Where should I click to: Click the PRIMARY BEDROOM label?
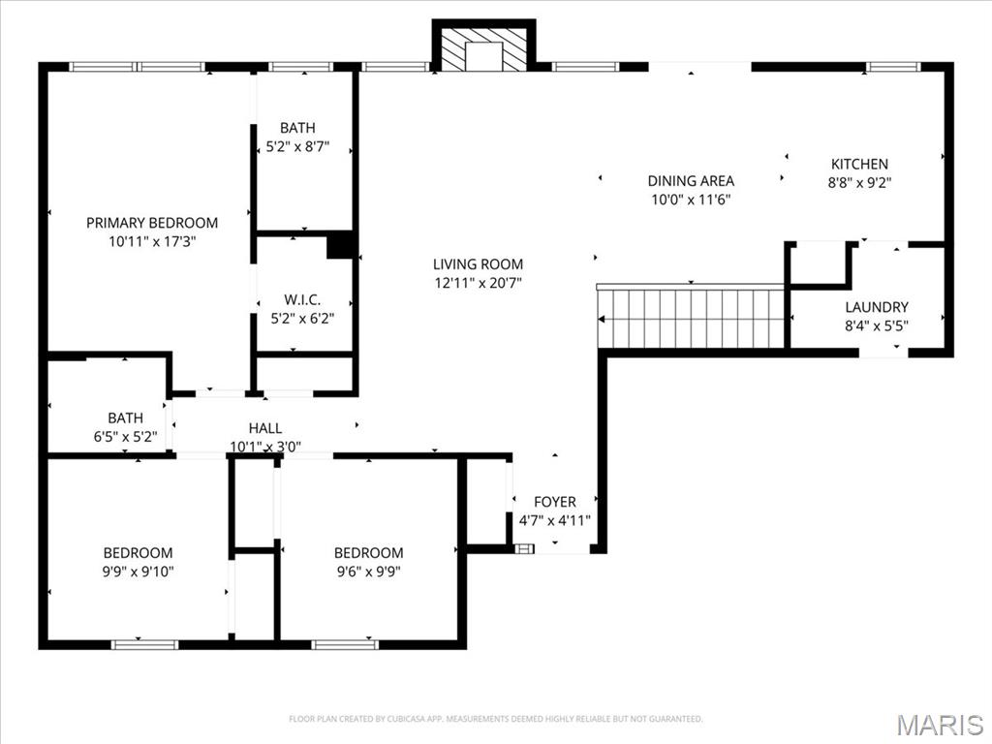point(152,223)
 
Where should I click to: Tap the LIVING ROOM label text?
point(478,264)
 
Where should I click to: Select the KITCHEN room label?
point(859,165)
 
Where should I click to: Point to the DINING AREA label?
point(691,181)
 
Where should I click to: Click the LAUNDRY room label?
point(876,308)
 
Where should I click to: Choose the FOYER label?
point(555,502)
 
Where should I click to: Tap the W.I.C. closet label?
point(302,299)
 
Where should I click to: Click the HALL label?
point(265,428)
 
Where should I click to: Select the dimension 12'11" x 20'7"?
point(478,283)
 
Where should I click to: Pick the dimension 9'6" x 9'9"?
point(368,572)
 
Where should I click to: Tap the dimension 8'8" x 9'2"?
point(859,182)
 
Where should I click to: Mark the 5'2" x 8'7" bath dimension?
point(297,147)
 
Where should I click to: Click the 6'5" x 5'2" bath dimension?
point(125,437)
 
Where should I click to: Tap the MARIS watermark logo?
point(939,725)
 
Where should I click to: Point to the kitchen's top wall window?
point(892,67)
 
